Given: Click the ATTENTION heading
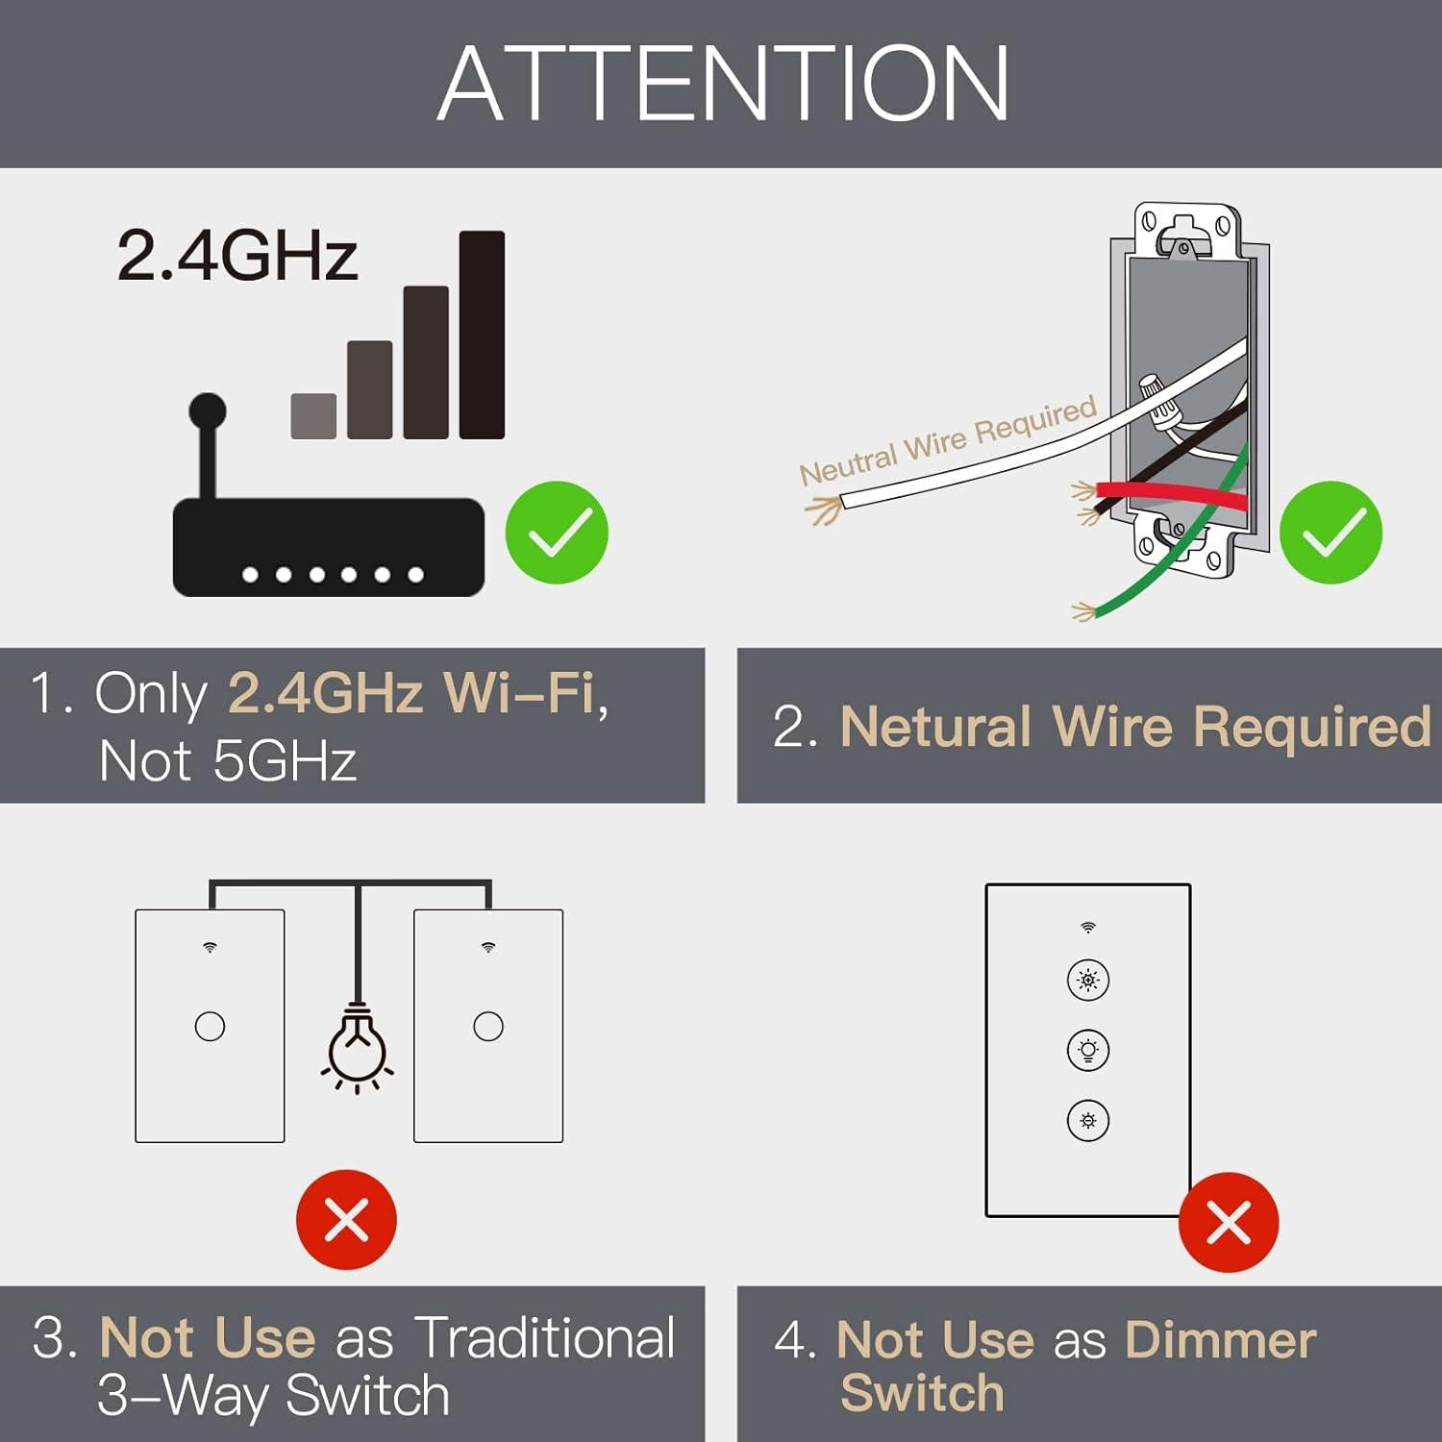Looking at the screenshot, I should (723, 85).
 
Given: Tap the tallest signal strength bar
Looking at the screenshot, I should (482, 335).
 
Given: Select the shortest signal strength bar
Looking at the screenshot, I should (313, 416).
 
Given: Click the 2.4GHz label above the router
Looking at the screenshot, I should (237, 256).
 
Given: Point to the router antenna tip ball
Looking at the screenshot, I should (208, 411).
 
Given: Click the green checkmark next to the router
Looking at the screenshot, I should (557, 533).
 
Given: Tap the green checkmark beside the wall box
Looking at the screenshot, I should (1331, 533).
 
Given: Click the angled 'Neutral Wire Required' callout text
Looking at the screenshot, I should (948, 441).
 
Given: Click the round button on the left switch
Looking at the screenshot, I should (210, 1027).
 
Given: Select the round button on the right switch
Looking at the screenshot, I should (488, 1027).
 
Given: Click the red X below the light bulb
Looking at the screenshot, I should (346, 1220).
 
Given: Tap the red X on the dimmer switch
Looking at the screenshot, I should (1229, 1223).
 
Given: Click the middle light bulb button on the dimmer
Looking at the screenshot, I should (1088, 1050).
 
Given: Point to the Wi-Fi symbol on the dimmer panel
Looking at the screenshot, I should (1088, 928).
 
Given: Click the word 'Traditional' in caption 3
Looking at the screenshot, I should (545, 1338).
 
